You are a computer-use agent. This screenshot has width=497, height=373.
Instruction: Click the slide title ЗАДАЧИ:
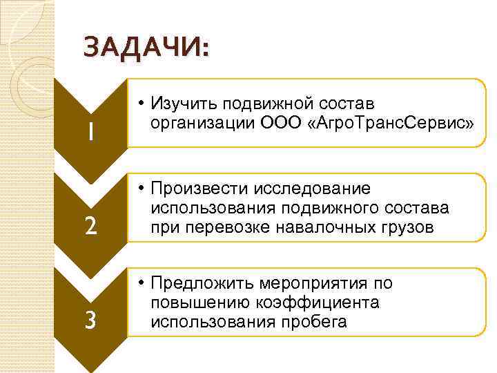[x=145, y=50]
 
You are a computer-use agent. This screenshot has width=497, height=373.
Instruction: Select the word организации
[x=198, y=124]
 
